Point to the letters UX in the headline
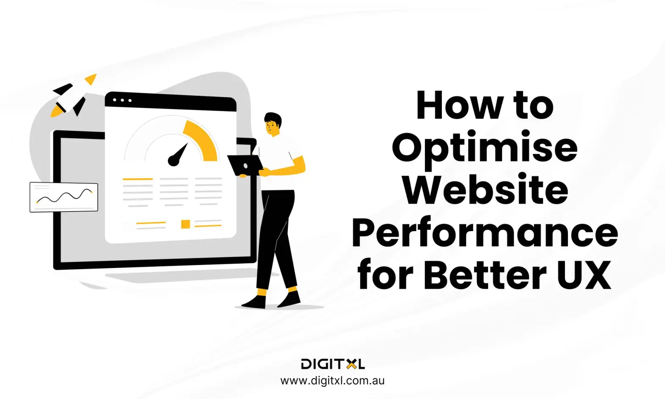tap(584, 275)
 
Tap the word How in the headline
tap(459, 105)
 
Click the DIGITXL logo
tap(333, 364)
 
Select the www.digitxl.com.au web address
tap(332, 381)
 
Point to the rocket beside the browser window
tap(73, 95)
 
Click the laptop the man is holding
tap(245, 165)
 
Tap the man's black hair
tap(273, 119)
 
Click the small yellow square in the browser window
tap(186, 224)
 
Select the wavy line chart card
tap(64, 197)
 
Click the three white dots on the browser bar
tap(122, 100)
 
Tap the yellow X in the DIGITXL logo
tap(351, 364)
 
